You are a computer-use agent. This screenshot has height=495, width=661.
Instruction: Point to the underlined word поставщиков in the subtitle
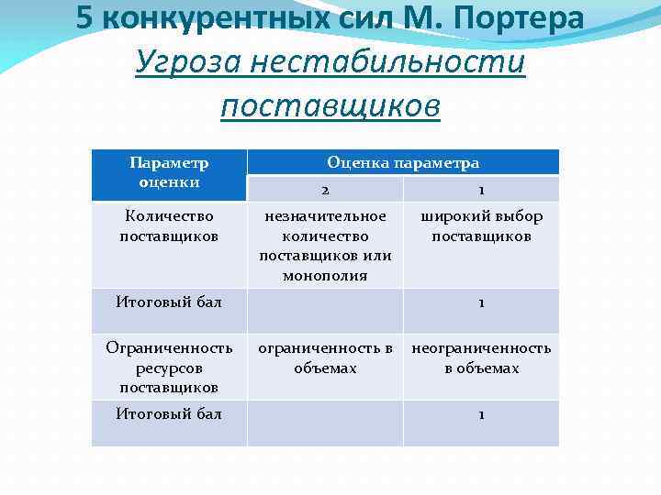pyautogui.click(x=330, y=105)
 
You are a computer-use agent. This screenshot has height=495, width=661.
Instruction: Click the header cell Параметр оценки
pyautogui.click(x=169, y=172)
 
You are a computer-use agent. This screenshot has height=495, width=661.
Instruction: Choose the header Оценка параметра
pyautogui.click(x=403, y=162)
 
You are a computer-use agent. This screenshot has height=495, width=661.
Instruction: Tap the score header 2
pyautogui.click(x=325, y=190)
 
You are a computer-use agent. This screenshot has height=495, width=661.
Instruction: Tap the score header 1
pyautogui.click(x=481, y=190)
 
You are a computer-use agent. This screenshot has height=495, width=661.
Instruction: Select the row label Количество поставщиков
pyautogui.click(x=169, y=226)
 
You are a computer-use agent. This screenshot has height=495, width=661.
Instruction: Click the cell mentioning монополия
pyautogui.click(x=325, y=246)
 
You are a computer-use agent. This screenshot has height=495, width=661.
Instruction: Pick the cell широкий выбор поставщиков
pyautogui.click(x=481, y=226)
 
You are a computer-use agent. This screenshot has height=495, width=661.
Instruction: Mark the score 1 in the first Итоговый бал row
pyautogui.click(x=481, y=303)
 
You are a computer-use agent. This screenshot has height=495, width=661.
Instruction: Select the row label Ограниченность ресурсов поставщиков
pyautogui.click(x=169, y=368)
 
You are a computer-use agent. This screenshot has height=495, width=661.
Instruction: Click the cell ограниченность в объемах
pyautogui.click(x=325, y=358)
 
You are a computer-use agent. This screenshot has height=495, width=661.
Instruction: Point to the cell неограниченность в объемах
pyautogui.click(x=481, y=358)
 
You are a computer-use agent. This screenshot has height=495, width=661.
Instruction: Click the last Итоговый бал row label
pyautogui.click(x=169, y=414)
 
